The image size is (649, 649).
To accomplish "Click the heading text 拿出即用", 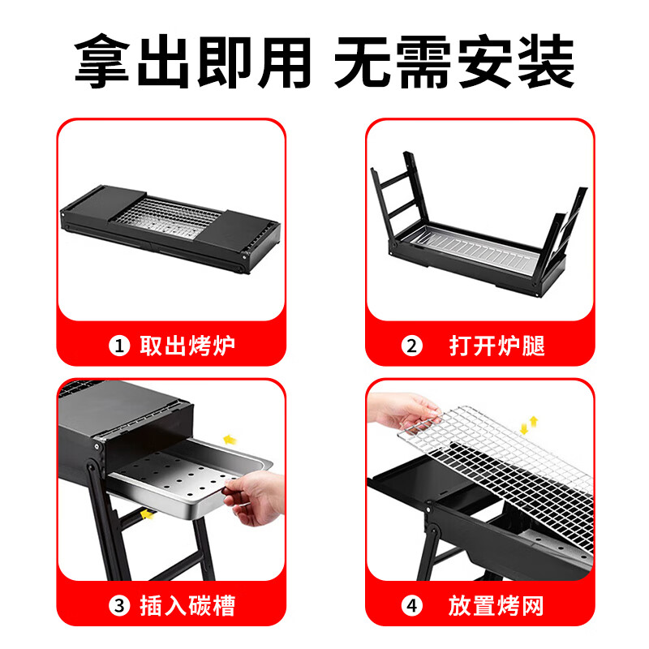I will [x=192, y=61].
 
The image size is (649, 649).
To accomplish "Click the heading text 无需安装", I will [x=455, y=61].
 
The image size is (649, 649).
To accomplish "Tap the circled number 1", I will [x=120, y=346].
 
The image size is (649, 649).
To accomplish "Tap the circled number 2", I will [x=413, y=346].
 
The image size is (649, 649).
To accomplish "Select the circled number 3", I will [x=120, y=606].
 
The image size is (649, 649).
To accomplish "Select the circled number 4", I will [x=413, y=606].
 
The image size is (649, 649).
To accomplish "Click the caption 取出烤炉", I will [x=187, y=346].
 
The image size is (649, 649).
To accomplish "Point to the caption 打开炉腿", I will [x=496, y=346].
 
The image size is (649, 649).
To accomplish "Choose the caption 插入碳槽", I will [x=187, y=606].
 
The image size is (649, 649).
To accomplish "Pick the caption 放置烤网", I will [x=496, y=606].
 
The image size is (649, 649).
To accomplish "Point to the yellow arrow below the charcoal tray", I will [x=147, y=514].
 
